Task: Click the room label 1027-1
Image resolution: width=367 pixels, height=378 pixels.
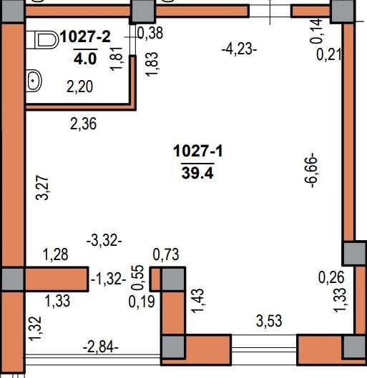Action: click(198, 151)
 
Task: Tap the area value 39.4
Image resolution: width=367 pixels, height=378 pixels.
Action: click(197, 173)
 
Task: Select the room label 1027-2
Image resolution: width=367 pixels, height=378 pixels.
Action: click(85, 37)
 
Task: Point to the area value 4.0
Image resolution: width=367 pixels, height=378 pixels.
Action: click(85, 59)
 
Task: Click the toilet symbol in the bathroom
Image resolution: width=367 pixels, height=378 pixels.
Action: click(42, 40)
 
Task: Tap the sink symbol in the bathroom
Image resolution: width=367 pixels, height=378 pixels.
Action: click(34, 81)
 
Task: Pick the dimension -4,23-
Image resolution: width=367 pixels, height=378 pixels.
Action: click(239, 49)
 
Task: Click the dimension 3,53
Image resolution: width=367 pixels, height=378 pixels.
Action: click(269, 321)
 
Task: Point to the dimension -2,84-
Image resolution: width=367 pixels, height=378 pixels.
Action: click(101, 347)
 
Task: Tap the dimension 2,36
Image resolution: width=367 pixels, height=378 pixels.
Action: click(83, 124)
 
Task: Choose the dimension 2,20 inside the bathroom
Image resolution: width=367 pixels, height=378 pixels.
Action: click(79, 86)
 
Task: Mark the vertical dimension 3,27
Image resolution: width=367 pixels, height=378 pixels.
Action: click(42, 188)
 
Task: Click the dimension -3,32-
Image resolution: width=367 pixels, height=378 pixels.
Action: click(104, 241)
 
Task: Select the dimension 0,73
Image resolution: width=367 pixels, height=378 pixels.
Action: click(166, 254)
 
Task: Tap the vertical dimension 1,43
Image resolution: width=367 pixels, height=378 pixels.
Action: click(197, 301)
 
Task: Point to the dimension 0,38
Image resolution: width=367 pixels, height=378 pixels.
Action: click(150, 33)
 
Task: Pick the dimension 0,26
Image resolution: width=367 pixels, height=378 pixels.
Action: click(331, 277)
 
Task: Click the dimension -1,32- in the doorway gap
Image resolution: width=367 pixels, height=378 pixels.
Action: click(109, 279)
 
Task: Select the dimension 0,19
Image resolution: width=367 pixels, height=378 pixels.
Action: click(142, 302)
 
